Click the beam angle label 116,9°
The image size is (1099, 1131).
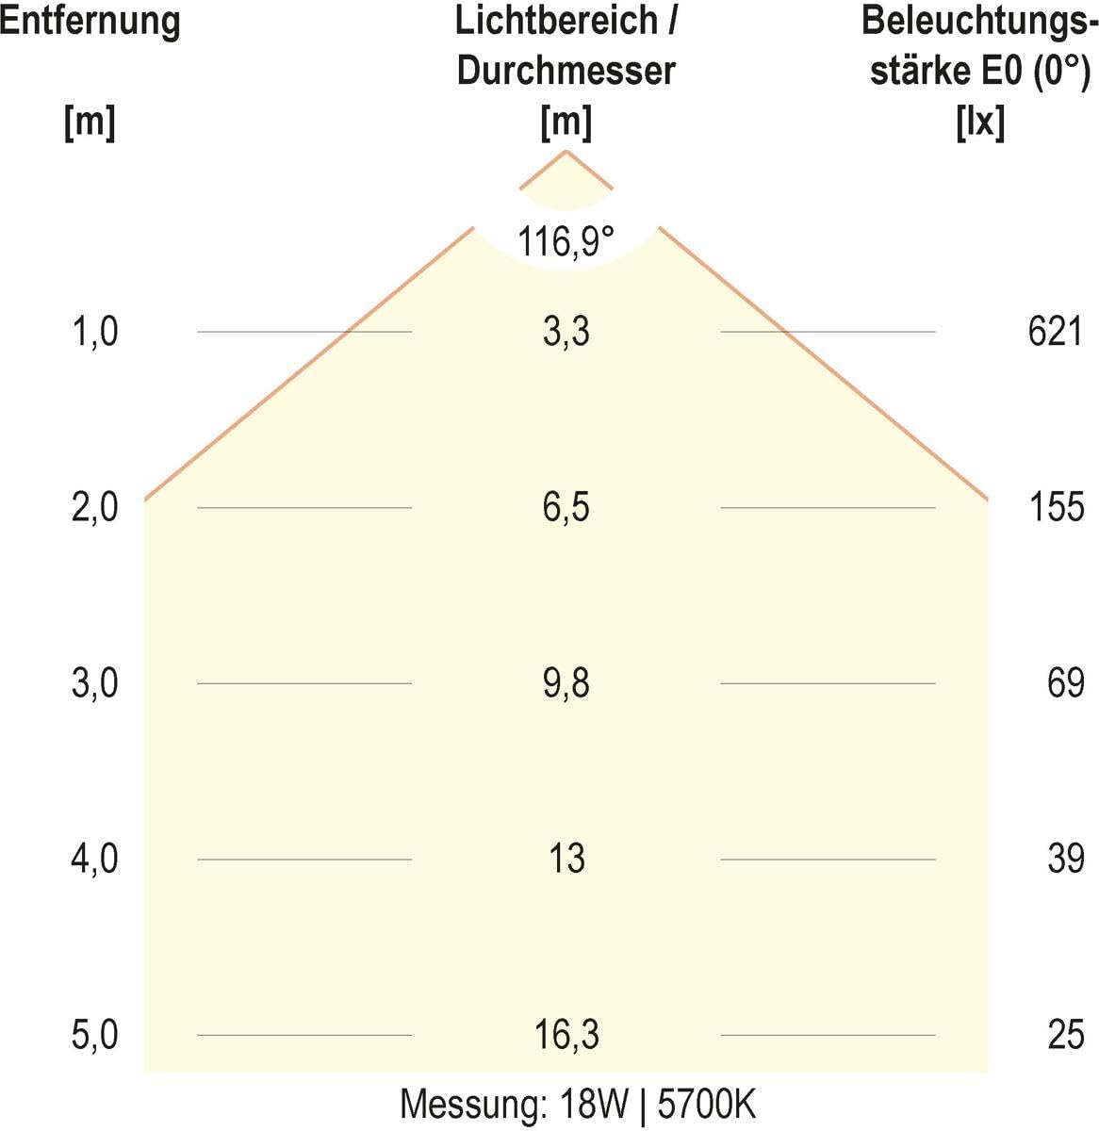pos(566,241)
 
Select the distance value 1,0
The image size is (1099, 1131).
pos(95,332)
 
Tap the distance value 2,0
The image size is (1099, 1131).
pos(95,507)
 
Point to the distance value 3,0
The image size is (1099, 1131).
pos(95,683)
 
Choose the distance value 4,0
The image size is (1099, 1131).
pos(95,859)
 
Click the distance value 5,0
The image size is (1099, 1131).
pos(95,1035)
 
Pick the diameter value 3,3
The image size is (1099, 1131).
pos(566,332)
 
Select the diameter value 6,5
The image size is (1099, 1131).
pos(566,507)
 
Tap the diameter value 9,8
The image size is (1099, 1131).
pos(566,683)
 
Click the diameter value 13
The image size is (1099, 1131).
pos(566,859)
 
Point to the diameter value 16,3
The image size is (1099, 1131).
pos(566,1035)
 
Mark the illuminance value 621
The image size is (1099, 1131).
pos(1056,332)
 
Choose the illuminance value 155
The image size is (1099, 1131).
pos(1057,507)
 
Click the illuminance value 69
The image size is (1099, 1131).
pos(1066,683)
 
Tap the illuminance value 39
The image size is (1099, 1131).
pos(1066,859)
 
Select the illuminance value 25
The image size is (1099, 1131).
pos(1066,1035)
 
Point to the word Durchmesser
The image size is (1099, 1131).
pos(566,71)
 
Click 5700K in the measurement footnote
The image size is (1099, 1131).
pos(707,1105)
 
